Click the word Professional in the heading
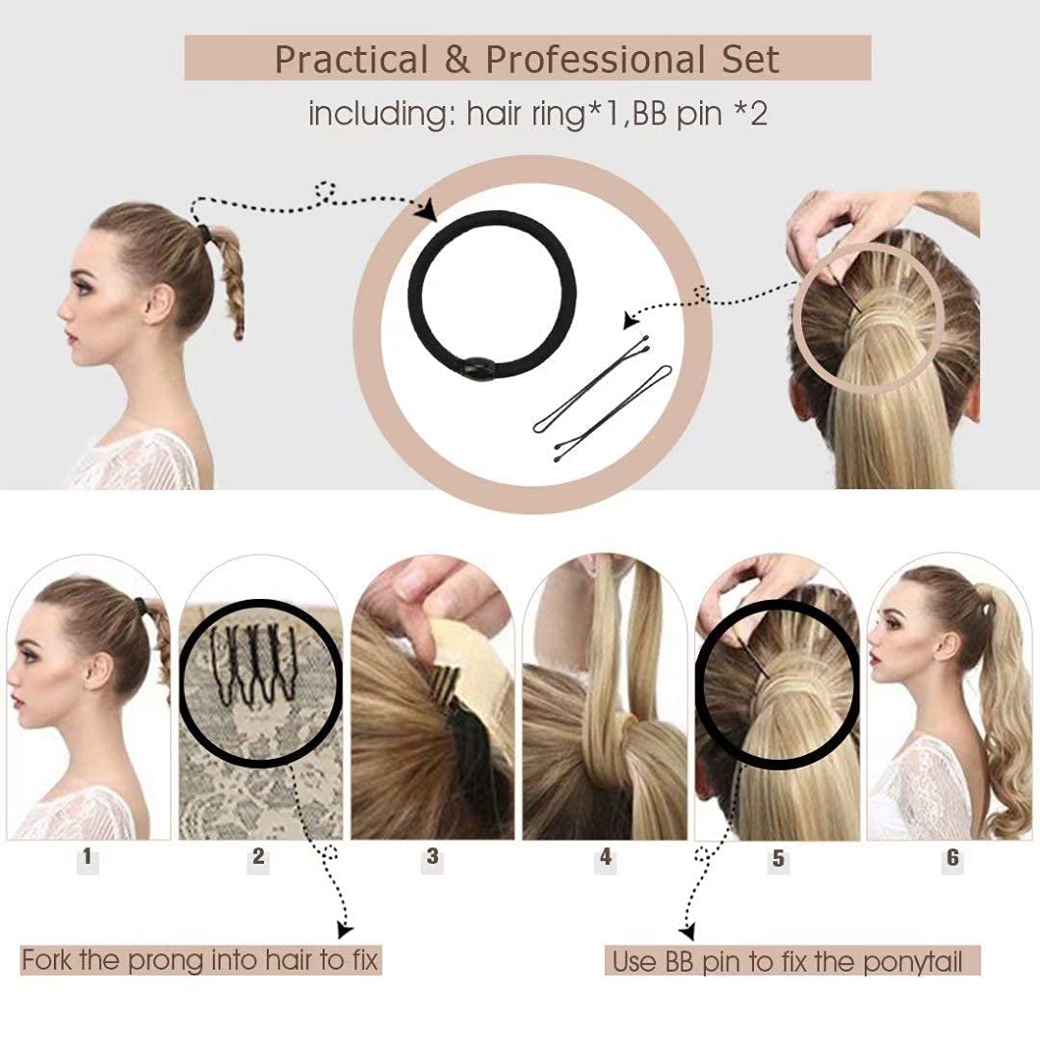coord(595,60)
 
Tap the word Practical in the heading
coord(351,60)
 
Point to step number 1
coord(88,856)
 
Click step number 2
coord(259,856)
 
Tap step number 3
coord(432,856)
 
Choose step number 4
coord(606,857)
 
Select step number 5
coord(778,858)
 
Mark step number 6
coord(952,858)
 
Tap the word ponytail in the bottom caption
coord(913,962)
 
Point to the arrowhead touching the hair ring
coord(427,210)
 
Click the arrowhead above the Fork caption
coord(345,930)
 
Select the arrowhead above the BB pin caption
coord(688,932)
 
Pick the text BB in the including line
coord(650,114)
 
